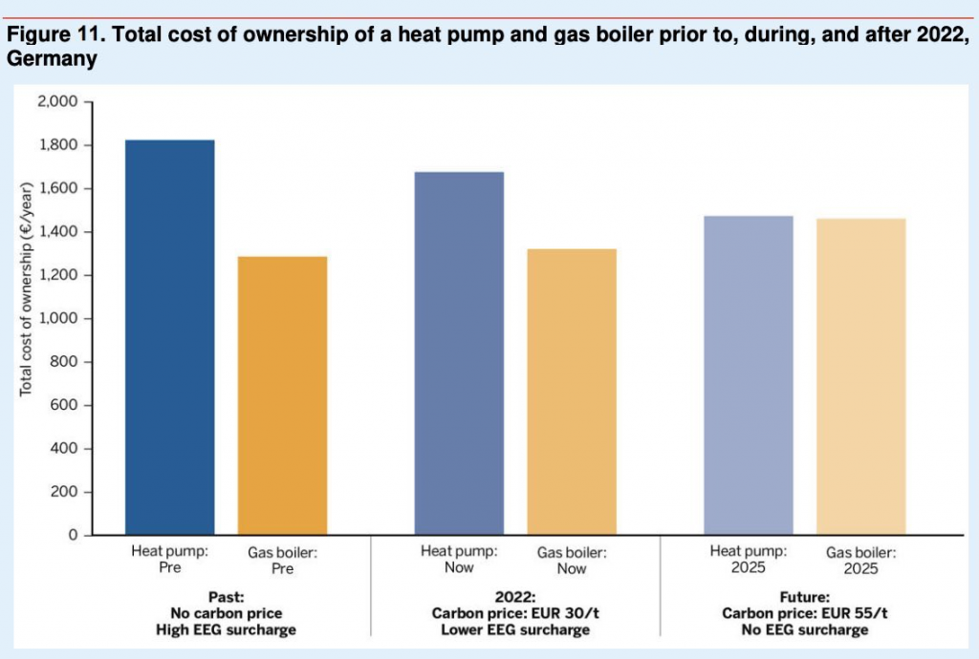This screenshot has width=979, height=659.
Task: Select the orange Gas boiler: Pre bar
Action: (x=283, y=395)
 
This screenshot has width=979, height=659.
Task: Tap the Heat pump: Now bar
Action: (x=459, y=353)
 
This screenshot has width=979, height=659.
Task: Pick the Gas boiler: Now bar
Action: (x=572, y=392)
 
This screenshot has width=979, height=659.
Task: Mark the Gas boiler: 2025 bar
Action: (x=860, y=377)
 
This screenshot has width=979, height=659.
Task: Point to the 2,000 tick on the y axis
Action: (x=60, y=102)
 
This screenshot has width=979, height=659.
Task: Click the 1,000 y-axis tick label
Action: (x=60, y=319)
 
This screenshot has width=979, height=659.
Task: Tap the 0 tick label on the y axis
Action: (x=73, y=536)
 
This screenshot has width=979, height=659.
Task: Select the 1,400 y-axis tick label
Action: (x=60, y=232)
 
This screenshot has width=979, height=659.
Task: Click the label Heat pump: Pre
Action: (x=170, y=559)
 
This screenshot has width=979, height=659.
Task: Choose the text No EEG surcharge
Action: (x=803, y=629)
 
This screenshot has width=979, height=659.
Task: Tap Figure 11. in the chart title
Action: (x=48, y=36)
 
